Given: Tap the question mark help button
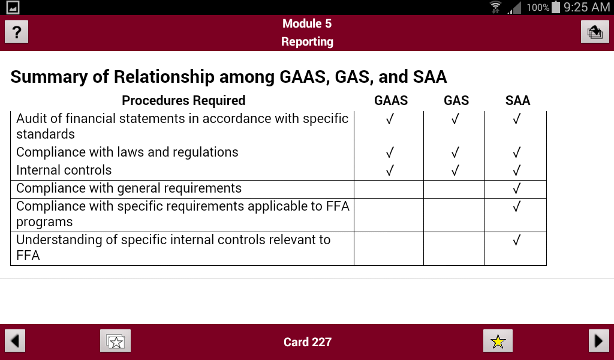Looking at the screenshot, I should [x=17, y=32].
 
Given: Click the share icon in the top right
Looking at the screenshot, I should [x=595, y=32].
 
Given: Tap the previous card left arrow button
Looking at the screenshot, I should [x=15, y=341].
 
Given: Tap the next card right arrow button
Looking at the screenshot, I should [x=598, y=341].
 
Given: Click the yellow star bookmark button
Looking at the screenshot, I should [x=498, y=341].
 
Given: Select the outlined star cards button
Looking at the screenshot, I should [x=115, y=341].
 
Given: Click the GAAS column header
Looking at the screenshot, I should [x=391, y=100].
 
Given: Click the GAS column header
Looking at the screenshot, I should [x=456, y=100].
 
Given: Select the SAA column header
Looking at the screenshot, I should [x=517, y=100].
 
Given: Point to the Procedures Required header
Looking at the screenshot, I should [x=183, y=100].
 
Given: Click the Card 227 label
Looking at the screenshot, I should [x=307, y=342].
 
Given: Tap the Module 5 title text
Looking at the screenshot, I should [x=307, y=24].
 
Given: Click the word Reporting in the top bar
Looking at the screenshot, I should [x=307, y=41].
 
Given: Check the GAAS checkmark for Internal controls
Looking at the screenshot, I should [x=390, y=170].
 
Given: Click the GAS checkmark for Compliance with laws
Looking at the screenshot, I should [x=455, y=152].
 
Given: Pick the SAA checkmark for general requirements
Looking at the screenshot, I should [x=516, y=189].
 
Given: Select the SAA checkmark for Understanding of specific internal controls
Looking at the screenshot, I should [x=516, y=241].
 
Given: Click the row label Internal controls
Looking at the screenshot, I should [x=64, y=170].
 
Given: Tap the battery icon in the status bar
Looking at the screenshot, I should [x=556, y=7].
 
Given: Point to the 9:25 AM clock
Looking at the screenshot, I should [x=587, y=7].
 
